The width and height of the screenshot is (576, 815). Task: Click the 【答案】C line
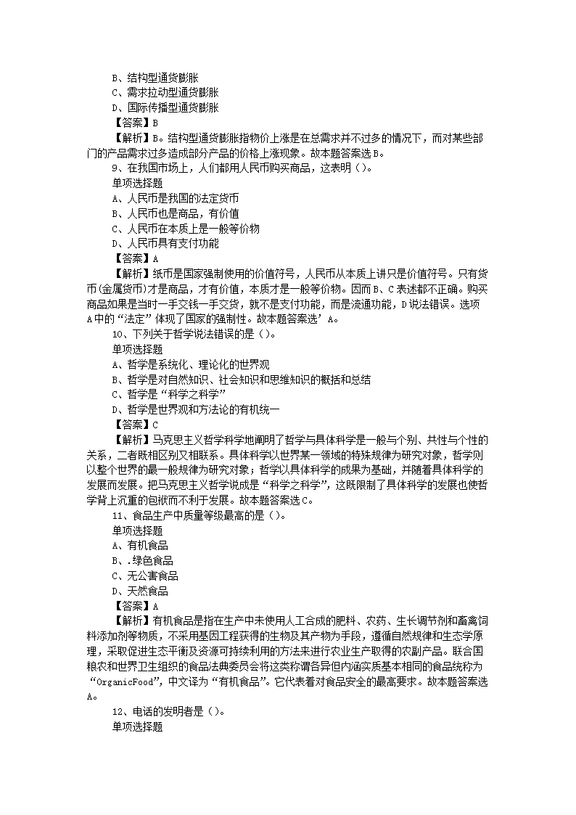pyautogui.click(x=135, y=425)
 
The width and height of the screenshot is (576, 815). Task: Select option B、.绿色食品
pyautogui.click(x=142, y=561)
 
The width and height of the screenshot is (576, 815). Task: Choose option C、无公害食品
pyautogui.click(x=144, y=576)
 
